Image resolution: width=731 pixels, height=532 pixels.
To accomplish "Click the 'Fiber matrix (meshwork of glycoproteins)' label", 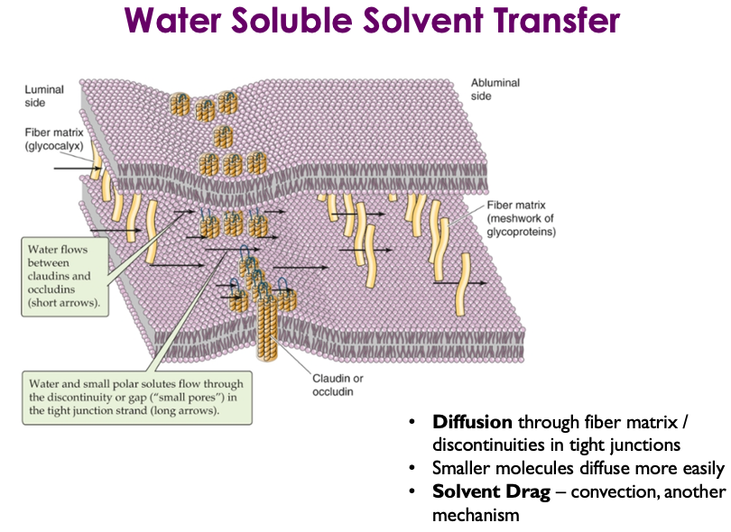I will [522, 218].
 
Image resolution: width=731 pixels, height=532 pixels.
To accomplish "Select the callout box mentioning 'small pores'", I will [134, 396].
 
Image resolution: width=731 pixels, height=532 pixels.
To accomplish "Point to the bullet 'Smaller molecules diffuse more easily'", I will [578, 469].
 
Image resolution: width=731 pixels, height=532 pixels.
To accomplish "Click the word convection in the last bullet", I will [603, 491].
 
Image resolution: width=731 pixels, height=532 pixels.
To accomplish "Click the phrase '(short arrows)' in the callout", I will [66, 304].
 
